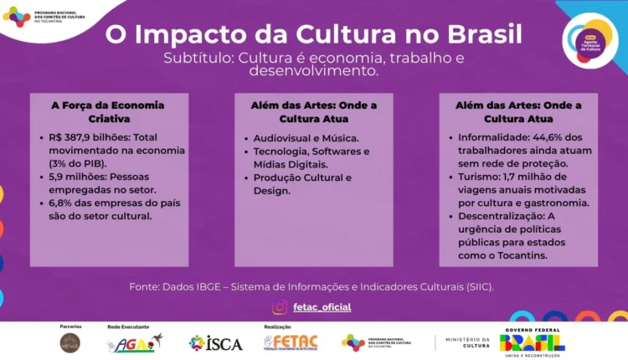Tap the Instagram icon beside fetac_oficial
tap(280, 307)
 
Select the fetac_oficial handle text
tap(322, 307)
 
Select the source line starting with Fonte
tap(311, 286)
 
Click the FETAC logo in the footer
tap(291, 342)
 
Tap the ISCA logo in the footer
tap(216, 343)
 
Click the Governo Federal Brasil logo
tap(532, 341)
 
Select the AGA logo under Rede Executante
tap(134, 343)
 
